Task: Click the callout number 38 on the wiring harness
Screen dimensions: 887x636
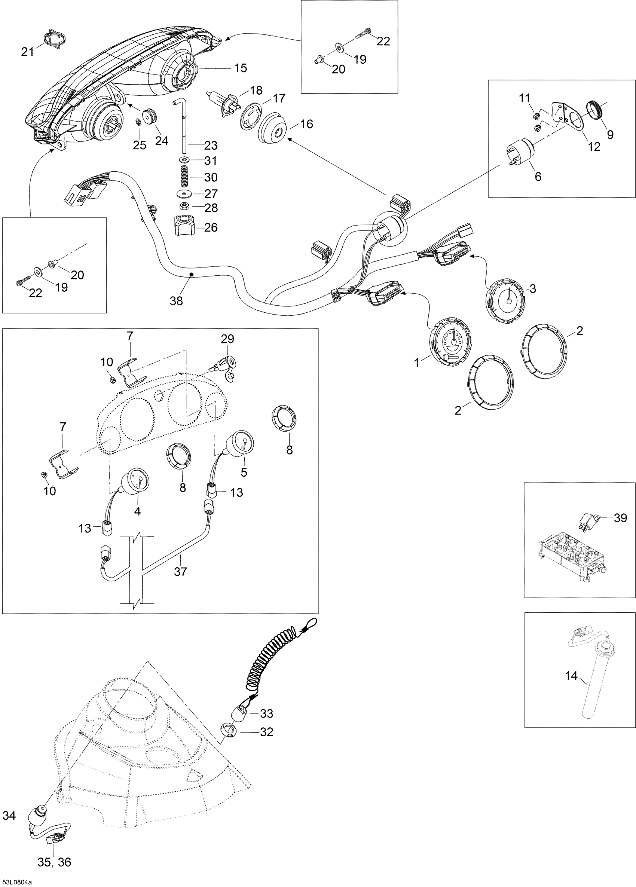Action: coord(177,301)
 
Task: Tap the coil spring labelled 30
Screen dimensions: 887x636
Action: coord(184,177)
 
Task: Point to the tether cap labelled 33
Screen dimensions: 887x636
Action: coord(241,713)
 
